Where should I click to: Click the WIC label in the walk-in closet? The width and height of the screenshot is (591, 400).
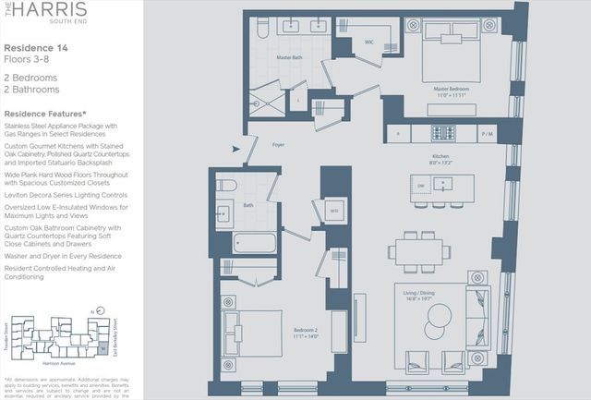point(368,42)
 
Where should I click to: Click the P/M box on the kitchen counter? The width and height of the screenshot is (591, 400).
point(488,133)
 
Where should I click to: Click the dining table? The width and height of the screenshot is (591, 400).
point(419,250)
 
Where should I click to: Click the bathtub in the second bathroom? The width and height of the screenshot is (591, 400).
point(254,244)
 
